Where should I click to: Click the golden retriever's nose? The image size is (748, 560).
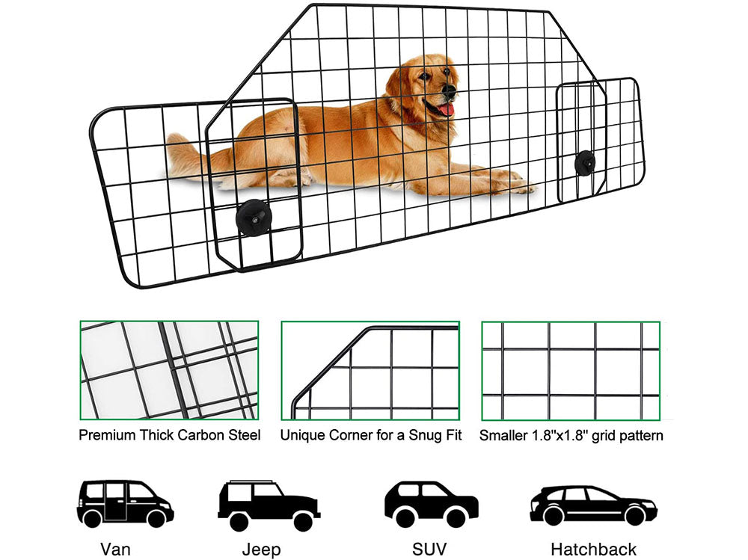tap(450, 90)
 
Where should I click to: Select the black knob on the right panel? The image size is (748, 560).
tap(584, 161)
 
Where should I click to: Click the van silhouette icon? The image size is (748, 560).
tap(125, 503)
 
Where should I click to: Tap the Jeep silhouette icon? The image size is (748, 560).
tap(268, 505)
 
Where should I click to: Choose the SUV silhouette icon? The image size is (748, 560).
tap(431, 503)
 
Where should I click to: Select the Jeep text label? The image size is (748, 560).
tap(262, 550)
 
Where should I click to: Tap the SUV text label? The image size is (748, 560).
tap(429, 549)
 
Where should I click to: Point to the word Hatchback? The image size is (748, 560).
tap(593, 549)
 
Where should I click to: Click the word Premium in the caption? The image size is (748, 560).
tap(105, 435)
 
